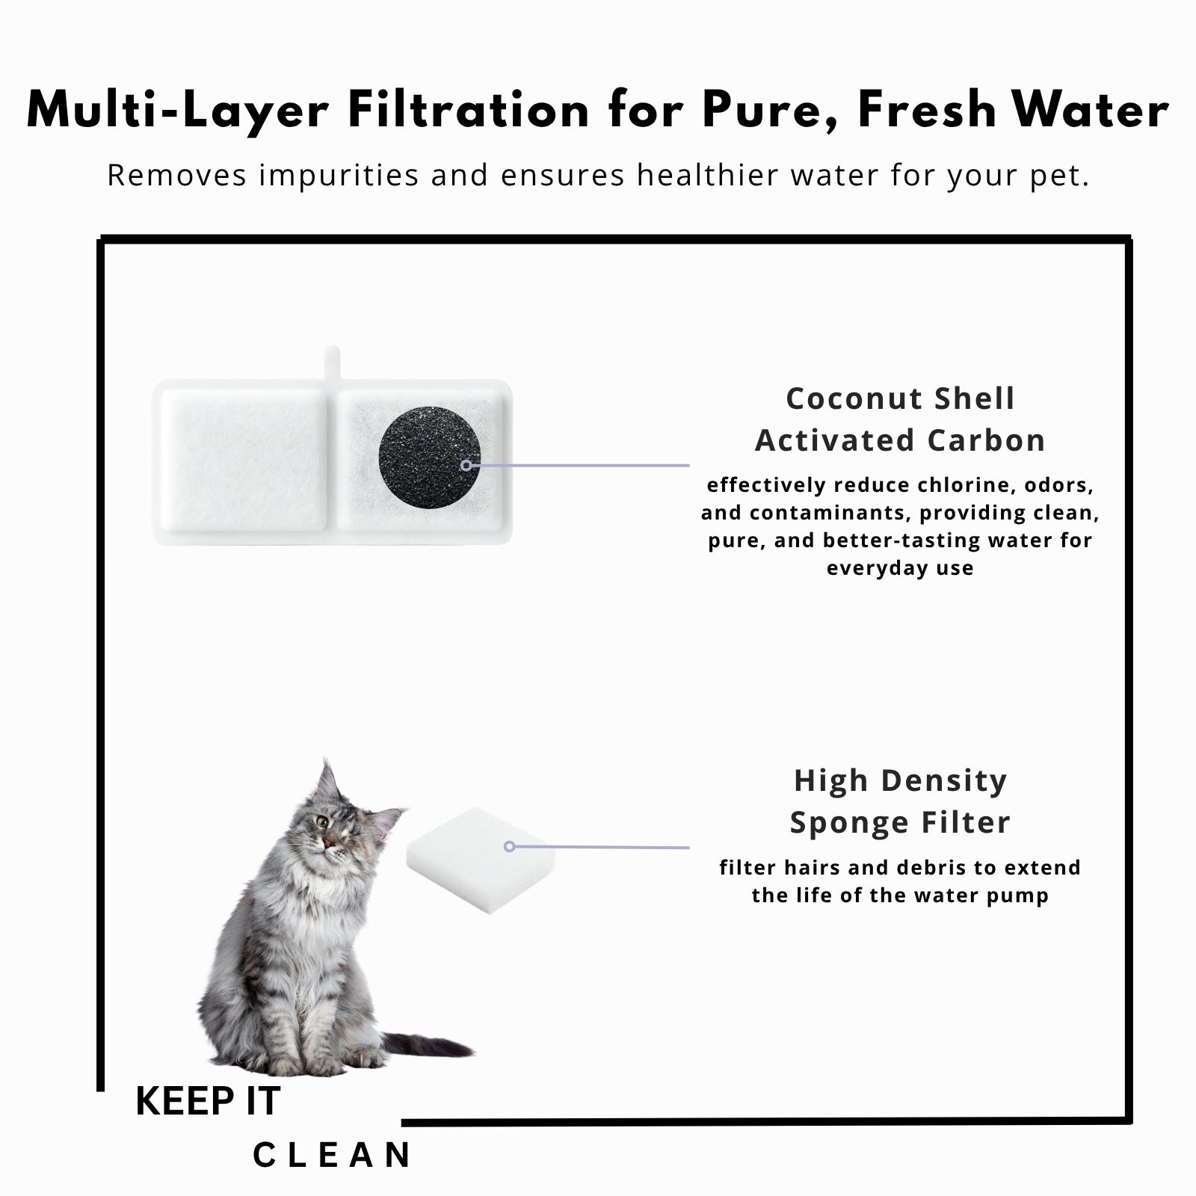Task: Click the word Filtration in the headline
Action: tap(469, 111)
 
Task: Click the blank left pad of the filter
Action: tap(244, 461)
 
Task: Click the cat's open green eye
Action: tap(321, 823)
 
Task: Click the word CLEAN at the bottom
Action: tap(332, 1155)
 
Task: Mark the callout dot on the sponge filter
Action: tap(509, 846)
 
